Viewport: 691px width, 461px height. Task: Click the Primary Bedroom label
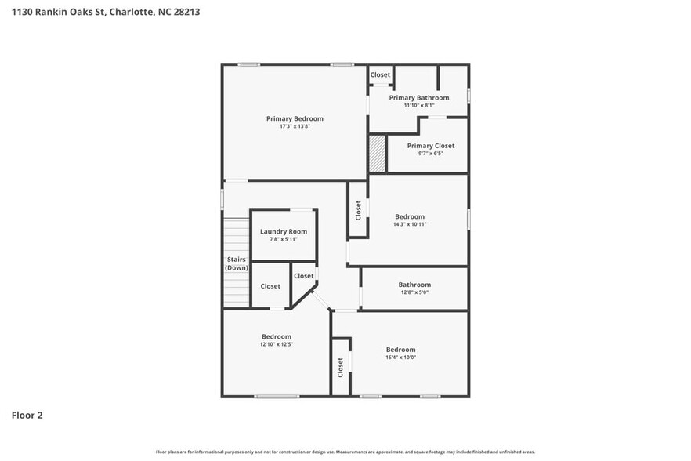(295, 118)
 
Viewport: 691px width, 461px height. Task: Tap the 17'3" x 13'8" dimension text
(295, 126)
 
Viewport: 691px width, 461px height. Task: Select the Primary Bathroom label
(419, 97)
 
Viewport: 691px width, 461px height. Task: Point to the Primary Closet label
(430, 146)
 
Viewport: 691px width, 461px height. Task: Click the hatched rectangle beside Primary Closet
(378, 154)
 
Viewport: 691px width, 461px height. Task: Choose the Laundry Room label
(284, 231)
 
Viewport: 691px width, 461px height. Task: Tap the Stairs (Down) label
(237, 263)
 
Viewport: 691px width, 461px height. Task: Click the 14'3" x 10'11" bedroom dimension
(410, 224)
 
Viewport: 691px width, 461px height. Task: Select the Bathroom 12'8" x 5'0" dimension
(414, 292)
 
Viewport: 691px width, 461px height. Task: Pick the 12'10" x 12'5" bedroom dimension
(277, 344)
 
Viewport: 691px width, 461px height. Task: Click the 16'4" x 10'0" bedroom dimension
(400, 358)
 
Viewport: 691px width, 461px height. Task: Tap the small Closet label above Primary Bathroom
(380, 74)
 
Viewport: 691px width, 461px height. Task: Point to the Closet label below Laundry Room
(270, 286)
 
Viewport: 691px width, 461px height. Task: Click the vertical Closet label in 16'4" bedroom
(341, 366)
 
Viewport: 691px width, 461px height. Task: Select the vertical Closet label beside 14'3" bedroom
(359, 209)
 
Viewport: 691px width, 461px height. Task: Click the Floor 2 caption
(27, 415)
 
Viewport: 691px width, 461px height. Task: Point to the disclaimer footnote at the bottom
(345, 452)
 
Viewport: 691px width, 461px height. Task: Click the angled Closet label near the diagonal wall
(303, 276)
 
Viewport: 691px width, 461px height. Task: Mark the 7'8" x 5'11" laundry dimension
(284, 239)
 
